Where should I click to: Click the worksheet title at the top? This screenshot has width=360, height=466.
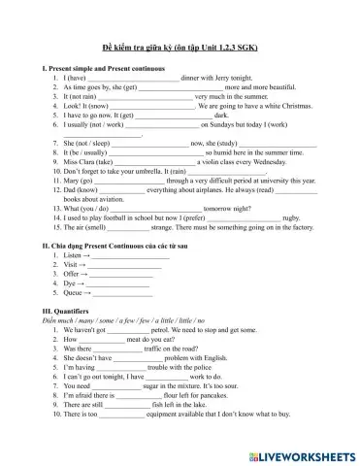click(180, 48)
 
